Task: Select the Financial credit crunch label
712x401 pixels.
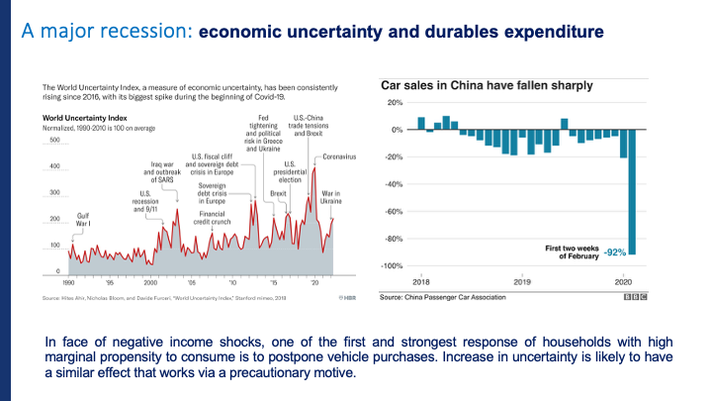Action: click(x=214, y=218)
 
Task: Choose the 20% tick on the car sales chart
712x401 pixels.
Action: click(x=395, y=103)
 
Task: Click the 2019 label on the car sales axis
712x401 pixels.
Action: click(x=521, y=282)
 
